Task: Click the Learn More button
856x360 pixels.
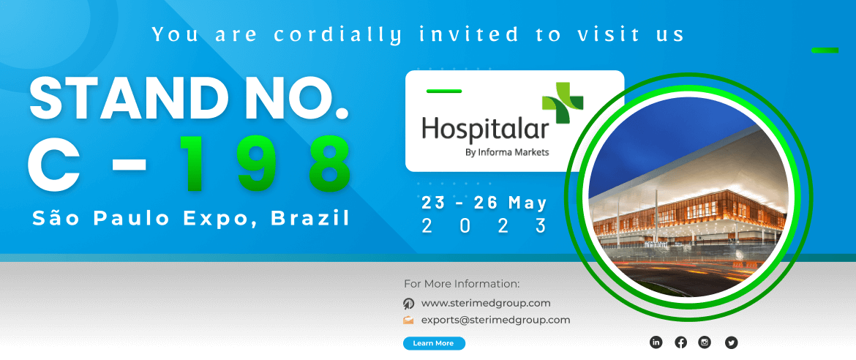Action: [434, 343]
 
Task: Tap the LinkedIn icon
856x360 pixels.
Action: [656, 342]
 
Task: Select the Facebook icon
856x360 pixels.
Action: [680, 342]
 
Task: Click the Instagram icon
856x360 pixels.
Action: [705, 342]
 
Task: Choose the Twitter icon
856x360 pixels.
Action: [731, 342]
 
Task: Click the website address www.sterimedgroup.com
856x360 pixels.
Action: [486, 303]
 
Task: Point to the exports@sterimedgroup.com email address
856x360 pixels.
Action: [496, 320]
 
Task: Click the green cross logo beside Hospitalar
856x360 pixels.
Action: [563, 102]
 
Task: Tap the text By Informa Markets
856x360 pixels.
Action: [506, 152]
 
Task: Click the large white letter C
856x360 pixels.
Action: [53, 162]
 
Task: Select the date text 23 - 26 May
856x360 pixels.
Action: [484, 203]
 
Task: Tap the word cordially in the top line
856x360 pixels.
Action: [338, 35]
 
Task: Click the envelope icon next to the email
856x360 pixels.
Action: [408, 320]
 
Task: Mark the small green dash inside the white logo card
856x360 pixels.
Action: [444, 91]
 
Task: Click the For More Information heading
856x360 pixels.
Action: [462, 284]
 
